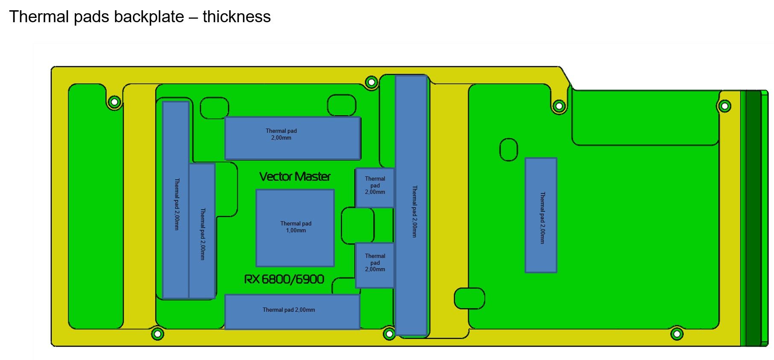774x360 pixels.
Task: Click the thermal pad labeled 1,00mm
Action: tap(295, 228)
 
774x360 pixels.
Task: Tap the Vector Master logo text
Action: tap(295, 176)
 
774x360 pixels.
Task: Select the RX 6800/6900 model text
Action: tap(284, 279)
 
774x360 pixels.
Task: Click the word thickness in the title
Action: tap(237, 17)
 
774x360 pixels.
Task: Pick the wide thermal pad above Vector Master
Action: tap(293, 138)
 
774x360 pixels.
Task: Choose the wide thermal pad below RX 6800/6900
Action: tap(292, 312)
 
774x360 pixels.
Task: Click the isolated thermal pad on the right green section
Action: tap(541, 215)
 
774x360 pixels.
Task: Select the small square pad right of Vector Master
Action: tap(375, 187)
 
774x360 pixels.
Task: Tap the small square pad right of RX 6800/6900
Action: tap(375, 265)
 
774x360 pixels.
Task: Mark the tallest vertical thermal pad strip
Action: tap(411, 205)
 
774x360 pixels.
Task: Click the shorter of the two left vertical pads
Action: tap(202, 231)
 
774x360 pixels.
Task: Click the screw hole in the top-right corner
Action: tap(724, 106)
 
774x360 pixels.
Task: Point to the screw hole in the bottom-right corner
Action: tap(677, 334)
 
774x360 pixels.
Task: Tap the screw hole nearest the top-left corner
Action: tap(114, 102)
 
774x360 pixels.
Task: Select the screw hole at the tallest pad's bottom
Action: tap(389, 334)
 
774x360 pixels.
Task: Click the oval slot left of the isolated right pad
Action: tap(508, 149)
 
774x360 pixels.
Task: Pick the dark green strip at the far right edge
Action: tap(753, 218)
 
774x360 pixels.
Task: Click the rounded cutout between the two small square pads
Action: tap(358, 225)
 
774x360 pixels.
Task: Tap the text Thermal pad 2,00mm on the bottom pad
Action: tap(289, 310)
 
